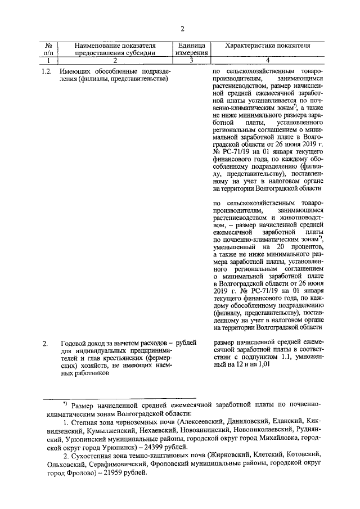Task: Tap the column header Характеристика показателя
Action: click(x=268, y=45)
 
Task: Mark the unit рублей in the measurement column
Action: click(x=187, y=342)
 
